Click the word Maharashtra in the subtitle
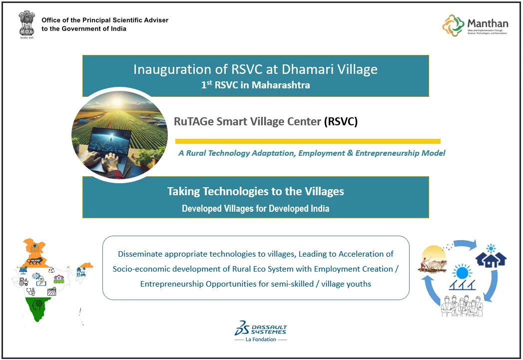pos(281,85)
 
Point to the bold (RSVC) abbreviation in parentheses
pos(341,121)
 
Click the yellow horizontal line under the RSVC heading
pos(308,141)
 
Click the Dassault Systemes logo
pos(261,329)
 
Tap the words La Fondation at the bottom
pos(261,340)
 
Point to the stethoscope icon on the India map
pos(31,291)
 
